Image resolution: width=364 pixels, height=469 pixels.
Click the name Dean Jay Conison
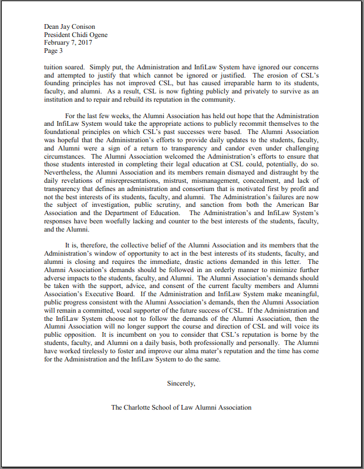[x=70, y=26]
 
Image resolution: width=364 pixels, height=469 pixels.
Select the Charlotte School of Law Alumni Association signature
[x=181, y=407]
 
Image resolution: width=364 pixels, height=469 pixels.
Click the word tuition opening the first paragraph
[x=53, y=67]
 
